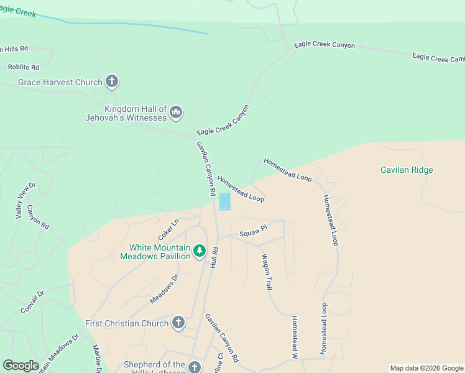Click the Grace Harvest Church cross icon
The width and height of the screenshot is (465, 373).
(112, 81)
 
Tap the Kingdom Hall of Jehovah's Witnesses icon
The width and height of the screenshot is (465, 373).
(175, 113)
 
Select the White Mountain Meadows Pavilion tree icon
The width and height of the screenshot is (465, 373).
(199, 251)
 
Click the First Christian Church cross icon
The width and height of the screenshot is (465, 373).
(178, 323)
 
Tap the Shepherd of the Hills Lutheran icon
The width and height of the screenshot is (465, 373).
(195, 367)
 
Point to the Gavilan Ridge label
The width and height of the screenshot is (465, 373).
(407, 170)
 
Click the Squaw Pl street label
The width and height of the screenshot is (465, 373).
(253, 231)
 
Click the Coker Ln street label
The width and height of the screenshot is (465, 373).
(168, 229)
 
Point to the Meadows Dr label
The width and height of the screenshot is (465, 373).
(164, 289)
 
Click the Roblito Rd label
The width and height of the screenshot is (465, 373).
(24, 67)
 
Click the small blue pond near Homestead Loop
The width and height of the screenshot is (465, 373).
(224, 202)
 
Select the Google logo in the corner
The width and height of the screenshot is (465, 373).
(21, 366)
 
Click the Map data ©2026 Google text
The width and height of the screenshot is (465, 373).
(426, 368)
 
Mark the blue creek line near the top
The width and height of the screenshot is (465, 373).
(137, 27)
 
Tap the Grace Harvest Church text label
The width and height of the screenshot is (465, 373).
(61, 82)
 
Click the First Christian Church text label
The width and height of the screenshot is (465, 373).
(127, 323)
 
